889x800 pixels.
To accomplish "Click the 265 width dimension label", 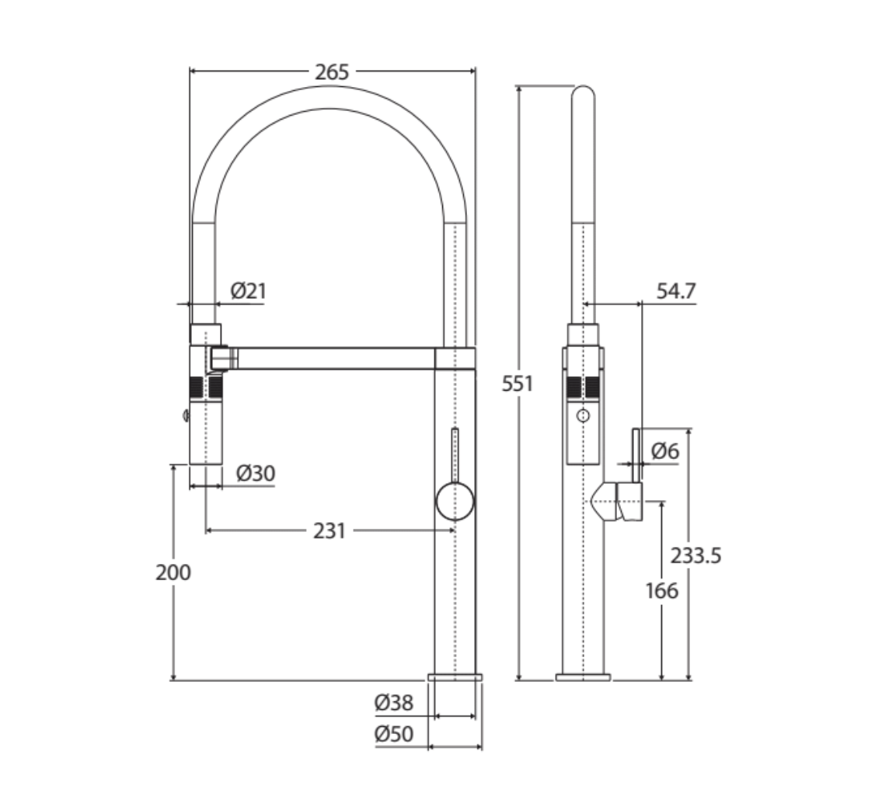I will click(x=332, y=72).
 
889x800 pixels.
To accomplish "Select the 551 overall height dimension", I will click(x=517, y=383).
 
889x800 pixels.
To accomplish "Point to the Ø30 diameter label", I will click(x=256, y=473).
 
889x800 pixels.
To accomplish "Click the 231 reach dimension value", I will click(x=329, y=531).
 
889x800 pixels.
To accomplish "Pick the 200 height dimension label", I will click(x=173, y=572).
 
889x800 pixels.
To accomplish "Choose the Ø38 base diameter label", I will click(x=393, y=704).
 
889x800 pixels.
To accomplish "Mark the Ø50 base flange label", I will click(x=393, y=733).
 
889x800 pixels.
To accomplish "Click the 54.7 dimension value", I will click(x=676, y=291).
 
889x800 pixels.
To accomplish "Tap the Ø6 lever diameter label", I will click(x=665, y=450).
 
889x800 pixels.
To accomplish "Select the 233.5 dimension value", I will click(x=696, y=555).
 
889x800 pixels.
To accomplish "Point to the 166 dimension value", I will click(x=661, y=590).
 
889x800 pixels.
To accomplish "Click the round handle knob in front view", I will click(x=455, y=501).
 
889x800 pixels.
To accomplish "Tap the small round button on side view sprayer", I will click(x=583, y=416).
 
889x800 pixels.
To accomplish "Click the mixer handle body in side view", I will click(x=628, y=502).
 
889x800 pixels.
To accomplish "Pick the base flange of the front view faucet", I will click(x=455, y=677).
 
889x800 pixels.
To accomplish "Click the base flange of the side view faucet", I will click(x=583, y=677).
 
